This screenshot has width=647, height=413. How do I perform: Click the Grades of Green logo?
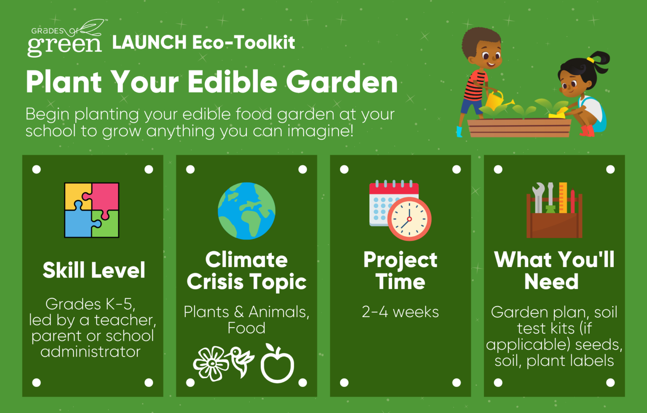(x=67, y=38)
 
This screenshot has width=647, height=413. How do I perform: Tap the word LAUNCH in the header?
(x=150, y=42)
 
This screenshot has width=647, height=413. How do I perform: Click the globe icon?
(x=246, y=211)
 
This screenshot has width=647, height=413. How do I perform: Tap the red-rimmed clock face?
(x=409, y=219)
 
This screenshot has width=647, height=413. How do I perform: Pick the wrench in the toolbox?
(x=538, y=198)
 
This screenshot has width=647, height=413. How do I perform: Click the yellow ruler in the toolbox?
(x=563, y=198)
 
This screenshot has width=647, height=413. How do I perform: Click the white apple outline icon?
(x=277, y=364)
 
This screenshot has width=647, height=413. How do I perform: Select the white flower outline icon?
(x=211, y=364)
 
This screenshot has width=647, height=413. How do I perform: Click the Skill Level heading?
(x=94, y=270)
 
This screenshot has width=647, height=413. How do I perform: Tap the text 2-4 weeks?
(x=400, y=312)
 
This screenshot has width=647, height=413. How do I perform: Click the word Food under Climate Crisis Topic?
(x=246, y=328)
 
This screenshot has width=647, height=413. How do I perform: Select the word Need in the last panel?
(x=551, y=281)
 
